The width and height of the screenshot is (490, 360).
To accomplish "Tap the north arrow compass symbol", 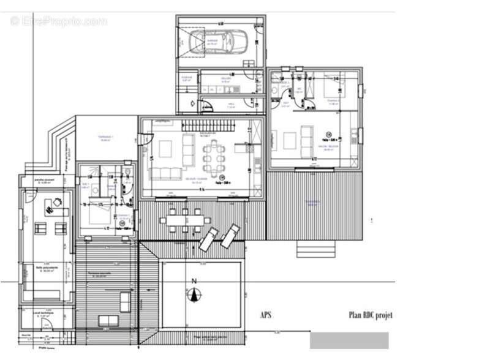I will (x=195, y=295).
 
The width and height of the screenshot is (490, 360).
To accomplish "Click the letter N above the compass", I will (x=195, y=281).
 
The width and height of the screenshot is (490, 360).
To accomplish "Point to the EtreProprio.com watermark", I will (x=58, y=21).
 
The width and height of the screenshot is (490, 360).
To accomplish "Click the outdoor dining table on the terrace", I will (x=184, y=220).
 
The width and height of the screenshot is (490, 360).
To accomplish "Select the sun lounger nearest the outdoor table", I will (x=209, y=238).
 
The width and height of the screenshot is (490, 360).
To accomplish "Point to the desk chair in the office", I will (x=57, y=201).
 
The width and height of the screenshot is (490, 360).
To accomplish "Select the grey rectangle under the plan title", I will (x=349, y=340).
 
